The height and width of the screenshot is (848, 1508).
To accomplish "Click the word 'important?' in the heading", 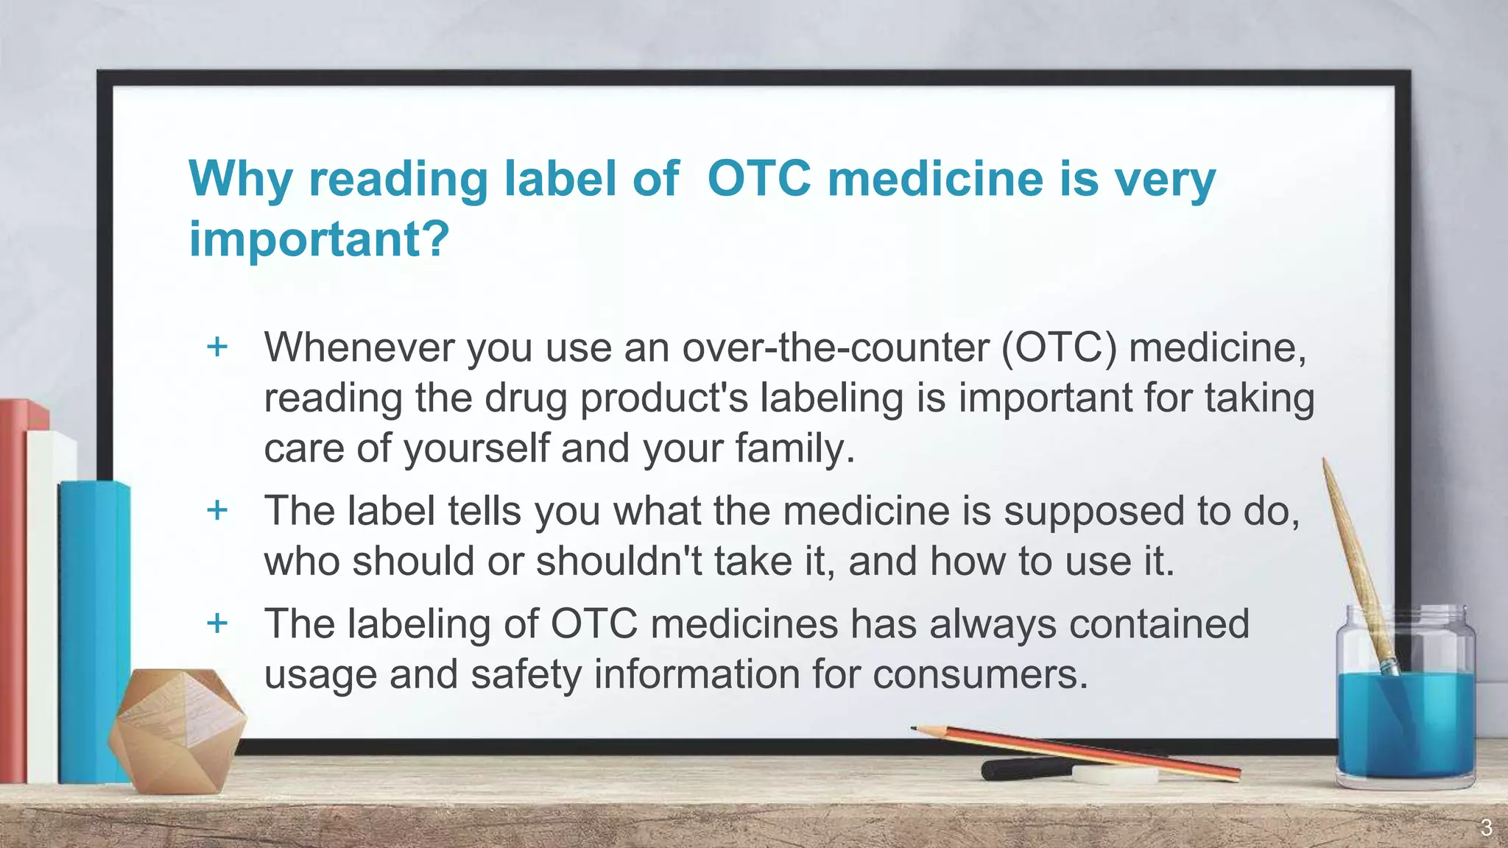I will [x=319, y=239].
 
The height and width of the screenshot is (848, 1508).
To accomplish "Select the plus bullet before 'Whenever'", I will [x=217, y=346].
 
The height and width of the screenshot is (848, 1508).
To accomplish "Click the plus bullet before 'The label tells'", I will [x=217, y=509].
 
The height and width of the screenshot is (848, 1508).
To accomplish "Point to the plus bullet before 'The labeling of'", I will [x=217, y=623].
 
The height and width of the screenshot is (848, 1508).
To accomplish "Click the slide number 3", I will [x=1486, y=828].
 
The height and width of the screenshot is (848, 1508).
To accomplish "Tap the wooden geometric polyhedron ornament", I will [x=177, y=729].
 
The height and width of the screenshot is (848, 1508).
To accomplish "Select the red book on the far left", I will [x=13, y=589].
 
